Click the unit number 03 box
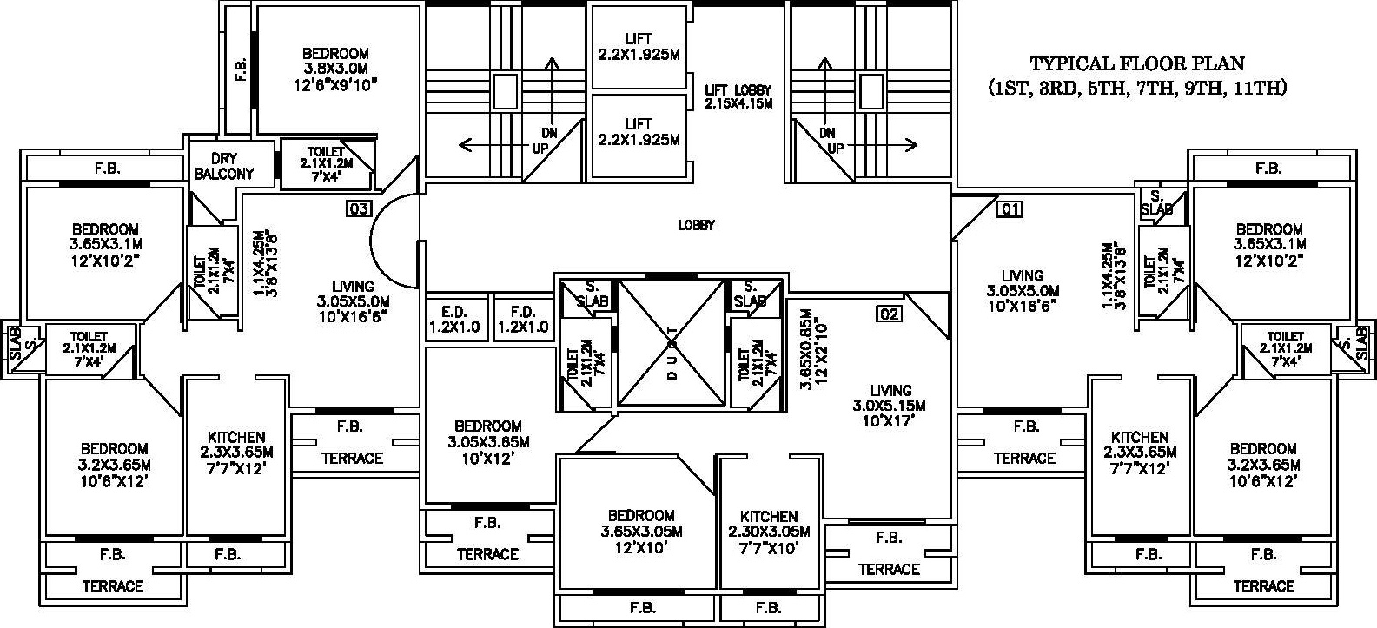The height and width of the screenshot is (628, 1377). point(359,209)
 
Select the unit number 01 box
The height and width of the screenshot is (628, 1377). point(1010,209)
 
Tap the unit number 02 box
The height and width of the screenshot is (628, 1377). point(889,314)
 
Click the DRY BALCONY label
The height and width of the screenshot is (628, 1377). point(224,166)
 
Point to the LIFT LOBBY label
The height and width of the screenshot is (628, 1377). point(738,96)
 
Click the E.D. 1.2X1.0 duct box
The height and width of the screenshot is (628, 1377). point(455,319)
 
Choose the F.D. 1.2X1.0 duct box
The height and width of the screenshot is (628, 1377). point(522,319)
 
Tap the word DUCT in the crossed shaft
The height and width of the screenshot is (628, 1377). point(672,352)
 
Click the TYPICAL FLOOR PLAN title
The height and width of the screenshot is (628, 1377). point(1137,64)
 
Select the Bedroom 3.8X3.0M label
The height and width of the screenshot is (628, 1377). point(335,69)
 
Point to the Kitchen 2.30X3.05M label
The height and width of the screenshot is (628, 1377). point(769,532)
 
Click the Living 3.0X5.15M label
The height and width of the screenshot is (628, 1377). point(890,406)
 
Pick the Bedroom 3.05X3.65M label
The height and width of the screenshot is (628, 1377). point(489,442)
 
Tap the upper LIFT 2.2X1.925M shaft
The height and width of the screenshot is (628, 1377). point(639,47)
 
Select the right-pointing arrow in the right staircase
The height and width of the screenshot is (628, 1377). point(882,146)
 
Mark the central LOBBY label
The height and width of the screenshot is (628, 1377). point(696,226)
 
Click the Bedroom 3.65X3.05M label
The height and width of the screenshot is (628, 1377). point(641,531)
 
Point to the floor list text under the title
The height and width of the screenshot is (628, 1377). point(1138,89)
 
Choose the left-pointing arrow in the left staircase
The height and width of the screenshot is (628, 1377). point(495,146)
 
